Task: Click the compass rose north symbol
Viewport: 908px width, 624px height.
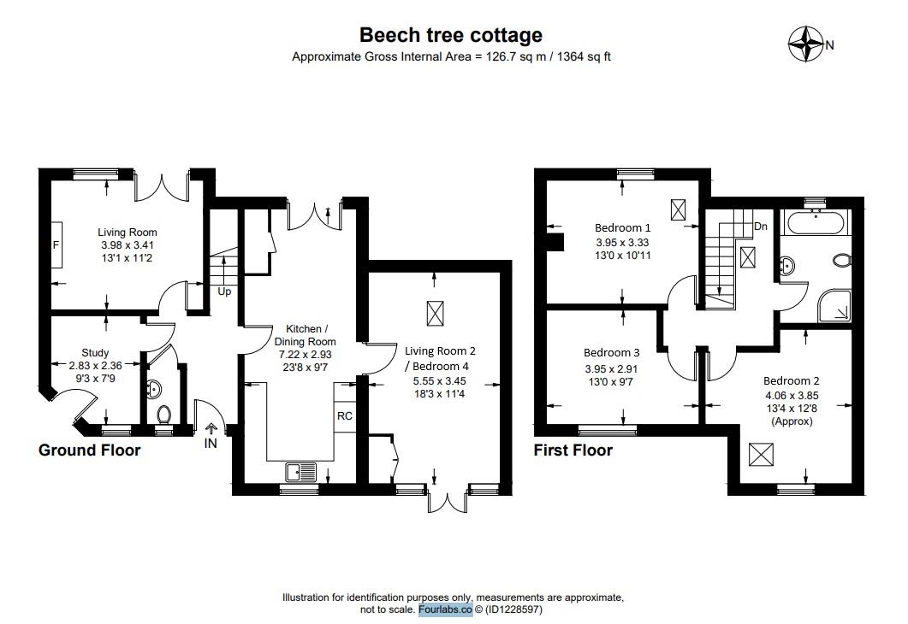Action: (x=805, y=44)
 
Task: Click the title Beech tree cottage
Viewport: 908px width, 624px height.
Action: (x=450, y=35)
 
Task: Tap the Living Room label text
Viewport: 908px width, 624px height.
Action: (x=128, y=233)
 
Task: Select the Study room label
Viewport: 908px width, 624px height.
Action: (x=95, y=352)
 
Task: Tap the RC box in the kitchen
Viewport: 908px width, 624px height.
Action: (x=344, y=416)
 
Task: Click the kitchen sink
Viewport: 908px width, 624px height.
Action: (x=301, y=470)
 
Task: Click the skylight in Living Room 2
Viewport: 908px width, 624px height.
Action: (x=436, y=314)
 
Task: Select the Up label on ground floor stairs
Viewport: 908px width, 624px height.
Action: (x=224, y=291)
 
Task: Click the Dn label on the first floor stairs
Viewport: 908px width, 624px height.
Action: (x=760, y=227)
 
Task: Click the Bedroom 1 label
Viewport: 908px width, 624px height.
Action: (x=623, y=228)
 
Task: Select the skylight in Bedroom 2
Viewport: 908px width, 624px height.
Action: (x=759, y=454)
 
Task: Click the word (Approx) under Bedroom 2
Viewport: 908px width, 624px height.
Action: (x=792, y=421)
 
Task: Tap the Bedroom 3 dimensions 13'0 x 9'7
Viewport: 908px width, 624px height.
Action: (x=612, y=382)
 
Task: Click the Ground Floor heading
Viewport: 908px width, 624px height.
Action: (x=89, y=450)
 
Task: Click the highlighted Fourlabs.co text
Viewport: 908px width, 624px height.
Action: (x=445, y=609)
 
